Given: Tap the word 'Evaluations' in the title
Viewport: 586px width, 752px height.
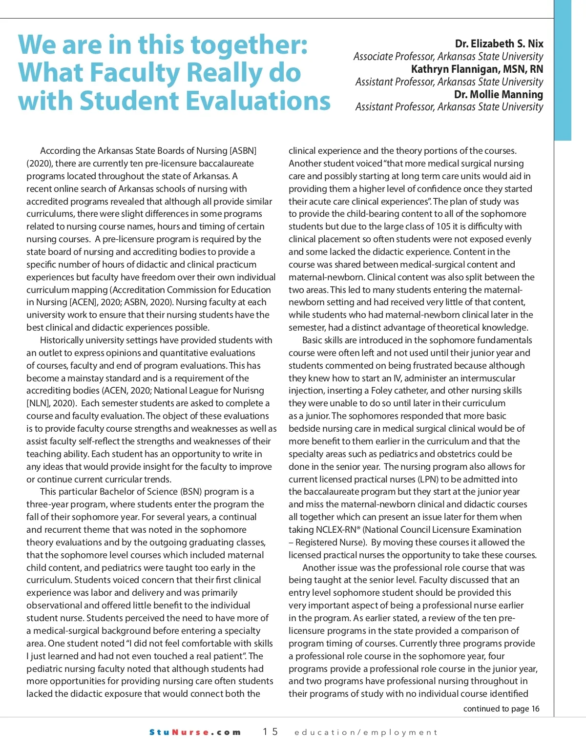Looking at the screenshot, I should pos(253,101).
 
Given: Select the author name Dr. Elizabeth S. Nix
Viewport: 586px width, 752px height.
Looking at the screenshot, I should pos(499,44).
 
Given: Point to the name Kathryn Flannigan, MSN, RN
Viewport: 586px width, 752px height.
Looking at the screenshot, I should pos(477,69).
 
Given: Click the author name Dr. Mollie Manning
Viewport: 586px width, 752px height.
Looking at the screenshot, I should pos(498,94).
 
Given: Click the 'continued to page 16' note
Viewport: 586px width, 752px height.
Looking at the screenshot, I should pos(501,709).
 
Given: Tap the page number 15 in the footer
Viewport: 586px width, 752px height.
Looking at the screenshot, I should pos(270,731).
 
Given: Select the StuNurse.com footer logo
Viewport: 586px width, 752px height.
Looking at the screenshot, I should pos(195,732).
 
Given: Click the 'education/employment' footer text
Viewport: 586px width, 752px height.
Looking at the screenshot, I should pos(366,732).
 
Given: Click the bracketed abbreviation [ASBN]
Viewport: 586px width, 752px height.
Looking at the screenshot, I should pos(243,151).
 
